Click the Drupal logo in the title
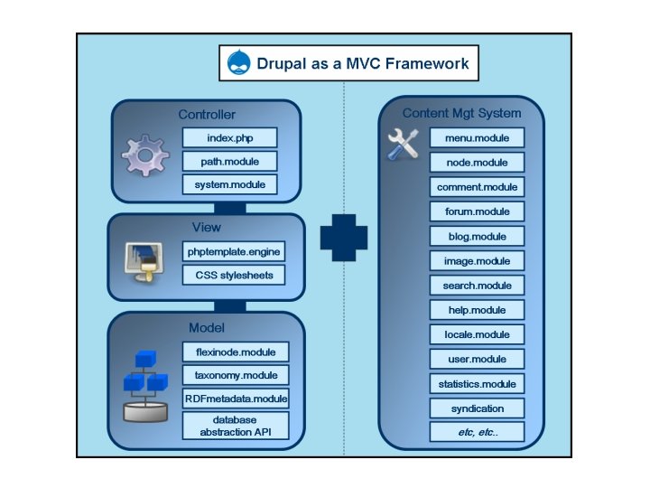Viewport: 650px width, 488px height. pyautogui.click(x=239, y=64)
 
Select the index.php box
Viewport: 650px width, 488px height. pyautogui.click(x=229, y=138)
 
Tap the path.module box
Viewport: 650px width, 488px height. pyautogui.click(x=229, y=162)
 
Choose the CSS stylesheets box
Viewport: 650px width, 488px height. pyautogui.click(x=235, y=274)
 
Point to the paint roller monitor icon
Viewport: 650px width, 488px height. pyautogui.click(x=144, y=263)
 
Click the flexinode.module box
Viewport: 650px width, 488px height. pyautogui.click(x=235, y=352)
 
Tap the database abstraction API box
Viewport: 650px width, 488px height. pyautogui.click(x=235, y=427)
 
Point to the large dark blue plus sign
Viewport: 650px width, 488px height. pyautogui.click(x=344, y=237)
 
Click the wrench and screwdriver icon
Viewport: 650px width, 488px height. pyautogui.click(x=402, y=145)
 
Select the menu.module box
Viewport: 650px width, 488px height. pyautogui.click(x=477, y=138)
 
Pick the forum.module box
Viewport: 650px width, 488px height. pyautogui.click(x=477, y=211)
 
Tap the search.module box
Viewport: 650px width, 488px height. pyautogui.click(x=477, y=286)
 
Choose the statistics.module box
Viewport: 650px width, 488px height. pyautogui.click(x=477, y=384)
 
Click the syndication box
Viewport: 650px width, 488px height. pyautogui.click(x=477, y=408)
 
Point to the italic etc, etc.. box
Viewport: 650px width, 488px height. pyautogui.click(x=477, y=432)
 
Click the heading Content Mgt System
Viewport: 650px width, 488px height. pyautogui.click(x=461, y=113)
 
